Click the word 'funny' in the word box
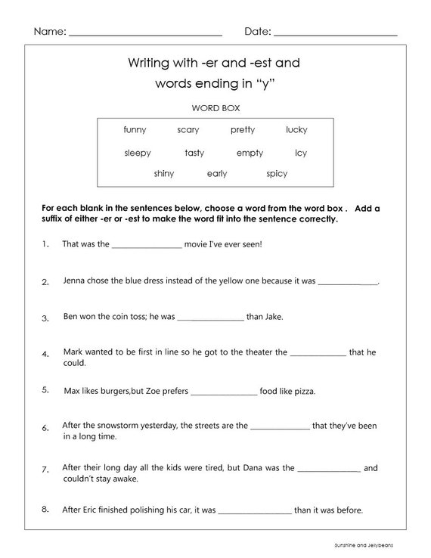coord(135,130)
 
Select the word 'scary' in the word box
coord(188,130)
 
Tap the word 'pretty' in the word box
coord(243,130)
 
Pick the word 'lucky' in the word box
coord(296,130)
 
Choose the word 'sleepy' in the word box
coord(138,153)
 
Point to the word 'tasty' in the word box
coord(194,153)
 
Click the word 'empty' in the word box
coord(250,153)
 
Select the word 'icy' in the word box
coord(301,153)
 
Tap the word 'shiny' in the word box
coord(163,174)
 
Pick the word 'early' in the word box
coord(217,174)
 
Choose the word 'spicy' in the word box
coord(277,174)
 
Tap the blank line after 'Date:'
coord(335,35)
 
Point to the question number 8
coord(45,509)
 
